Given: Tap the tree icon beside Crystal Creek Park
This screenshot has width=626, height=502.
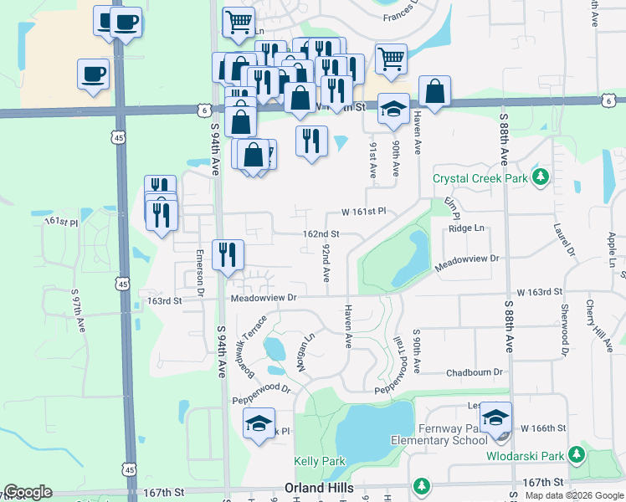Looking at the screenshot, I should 541,177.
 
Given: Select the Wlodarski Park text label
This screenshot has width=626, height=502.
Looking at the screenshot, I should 525,456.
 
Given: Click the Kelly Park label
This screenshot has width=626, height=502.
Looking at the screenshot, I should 320,461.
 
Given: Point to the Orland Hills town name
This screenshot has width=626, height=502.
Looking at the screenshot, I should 319,487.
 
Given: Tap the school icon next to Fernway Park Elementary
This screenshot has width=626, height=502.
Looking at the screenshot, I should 495,417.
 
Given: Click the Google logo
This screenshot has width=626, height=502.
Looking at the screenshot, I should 28,492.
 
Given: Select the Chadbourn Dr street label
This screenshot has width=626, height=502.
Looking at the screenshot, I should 475,371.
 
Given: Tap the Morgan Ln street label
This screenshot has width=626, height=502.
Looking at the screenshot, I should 304,352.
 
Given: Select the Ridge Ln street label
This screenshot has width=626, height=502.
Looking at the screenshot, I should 466,228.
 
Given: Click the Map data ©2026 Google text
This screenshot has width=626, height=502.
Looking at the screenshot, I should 573,495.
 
